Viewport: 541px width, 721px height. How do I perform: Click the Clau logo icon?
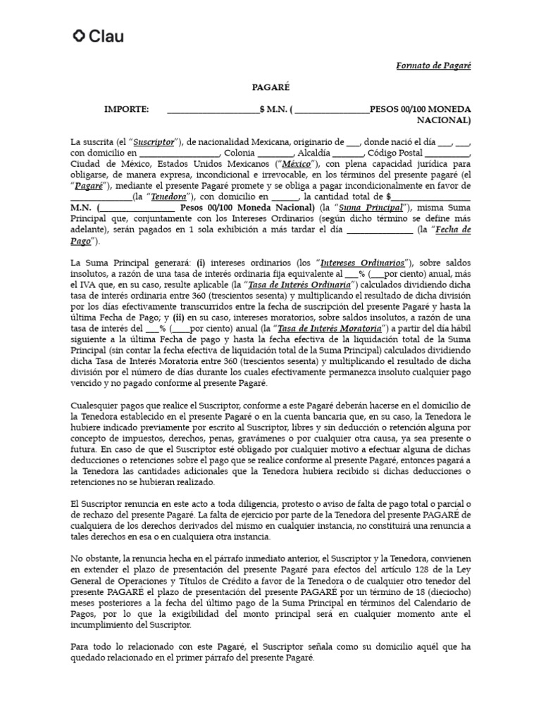click(x=80, y=36)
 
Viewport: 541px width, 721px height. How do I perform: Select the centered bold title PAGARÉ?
click(x=270, y=87)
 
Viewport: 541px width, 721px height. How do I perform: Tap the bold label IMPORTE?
click(x=127, y=110)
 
